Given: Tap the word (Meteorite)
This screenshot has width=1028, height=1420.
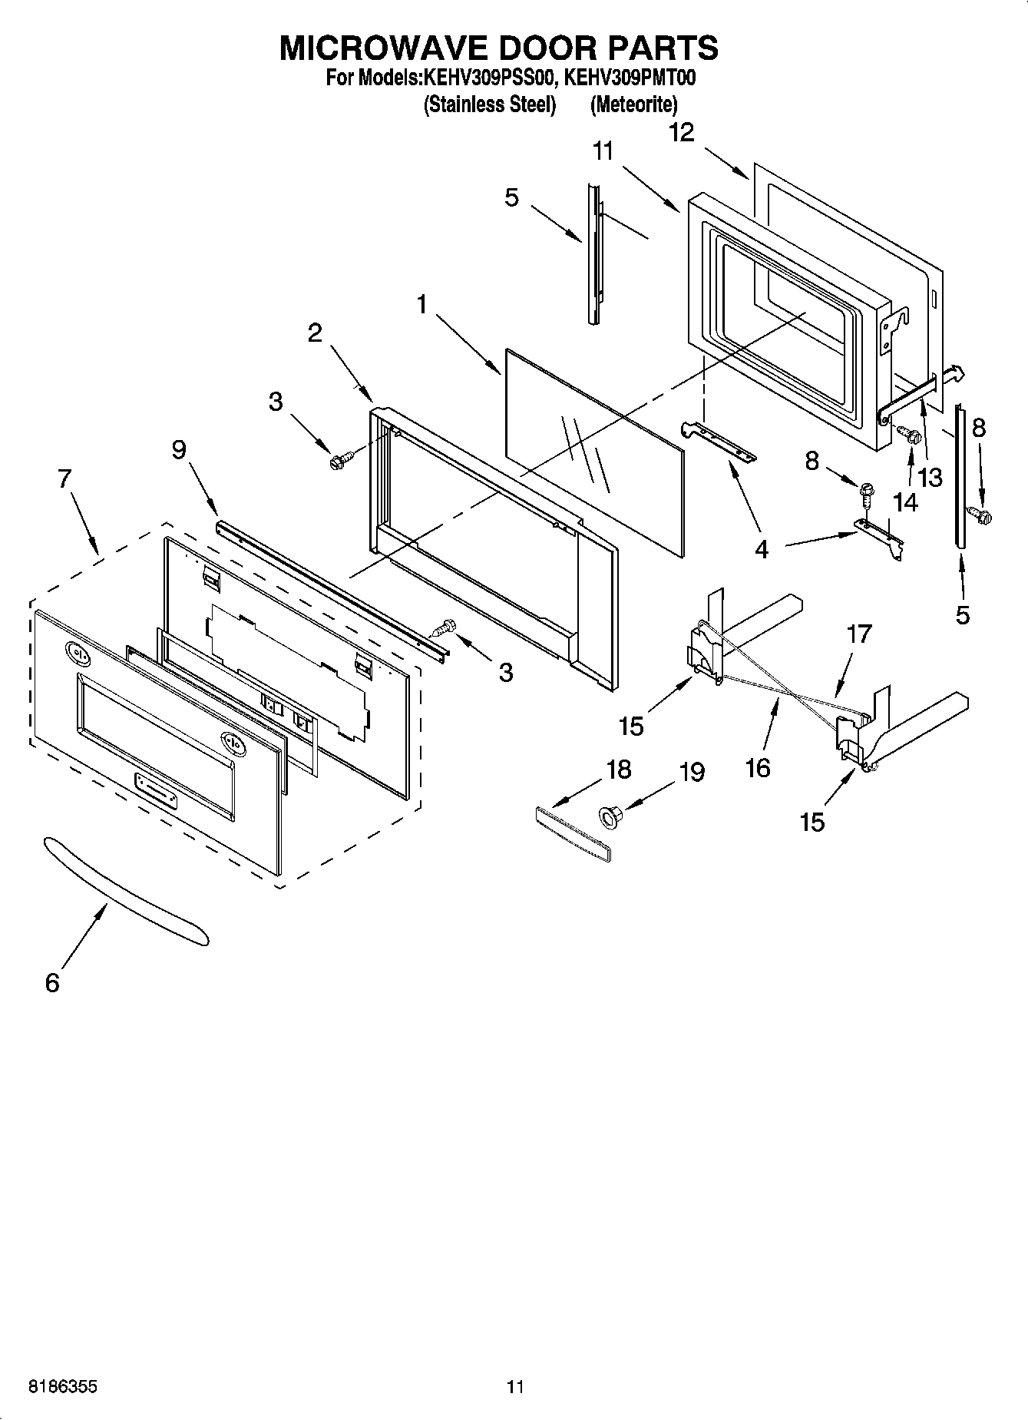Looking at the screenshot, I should pos(633,104).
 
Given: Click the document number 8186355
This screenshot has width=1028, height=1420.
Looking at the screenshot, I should pos(63,1387).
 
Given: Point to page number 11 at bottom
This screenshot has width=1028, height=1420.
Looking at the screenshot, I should pos(515,1387).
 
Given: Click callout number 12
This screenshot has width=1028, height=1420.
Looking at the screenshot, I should pos(681,133).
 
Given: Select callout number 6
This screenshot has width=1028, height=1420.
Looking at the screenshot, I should pos(52,982).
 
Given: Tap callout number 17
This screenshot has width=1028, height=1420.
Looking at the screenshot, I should pos(860,634).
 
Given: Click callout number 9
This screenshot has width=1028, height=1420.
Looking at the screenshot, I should pos(179,449).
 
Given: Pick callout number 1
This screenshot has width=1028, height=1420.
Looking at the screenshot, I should pos(422,306).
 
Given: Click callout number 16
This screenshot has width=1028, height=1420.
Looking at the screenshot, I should pos(758,768).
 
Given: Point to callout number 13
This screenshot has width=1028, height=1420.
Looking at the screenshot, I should pos(930,478).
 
